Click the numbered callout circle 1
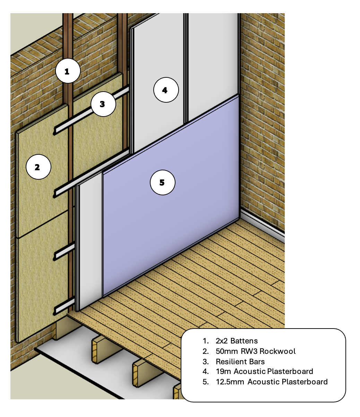[x=68, y=71]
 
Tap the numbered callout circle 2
[x=38, y=167]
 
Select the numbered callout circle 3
[x=103, y=104]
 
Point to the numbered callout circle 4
[x=166, y=90]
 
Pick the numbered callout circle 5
[x=162, y=182]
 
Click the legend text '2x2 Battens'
[x=237, y=341]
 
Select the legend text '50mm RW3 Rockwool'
[x=256, y=351]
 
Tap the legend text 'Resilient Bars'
[x=240, y=361]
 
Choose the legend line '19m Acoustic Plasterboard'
[x=264, y=372]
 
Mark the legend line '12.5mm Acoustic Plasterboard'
[x=272, y=382]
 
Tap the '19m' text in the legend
[x=223, y=372]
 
